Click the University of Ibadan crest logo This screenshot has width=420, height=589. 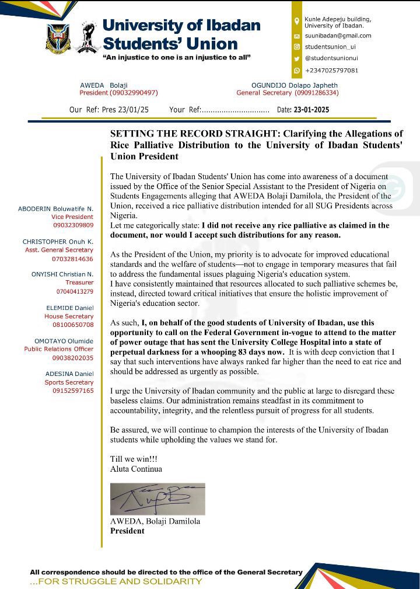coord(58,37)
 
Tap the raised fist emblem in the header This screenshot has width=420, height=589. coord(85,37)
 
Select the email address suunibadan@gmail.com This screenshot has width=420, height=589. coord(338,36)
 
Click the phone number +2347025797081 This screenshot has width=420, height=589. coord(331,70)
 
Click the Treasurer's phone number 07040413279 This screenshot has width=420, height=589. coord(74,291)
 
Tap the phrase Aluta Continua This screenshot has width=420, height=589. coord(136,468)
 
